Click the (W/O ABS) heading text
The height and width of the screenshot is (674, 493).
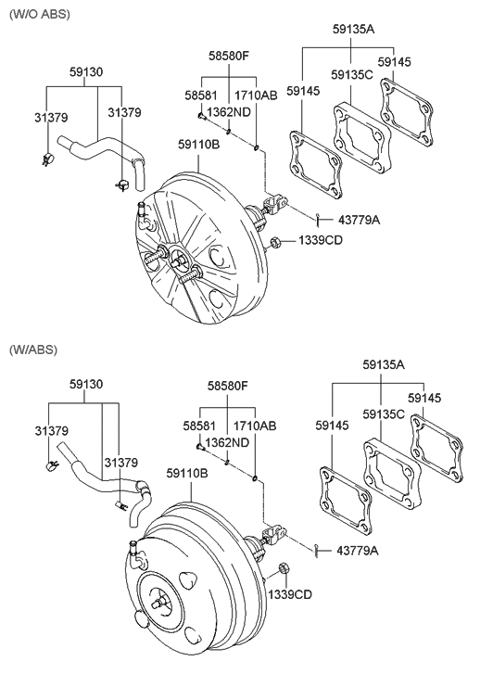pos(39,14)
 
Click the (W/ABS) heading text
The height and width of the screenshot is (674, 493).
pos(33,349)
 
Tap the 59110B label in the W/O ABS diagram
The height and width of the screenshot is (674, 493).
pos(198,145)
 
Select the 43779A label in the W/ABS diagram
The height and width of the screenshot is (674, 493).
pos(357,550)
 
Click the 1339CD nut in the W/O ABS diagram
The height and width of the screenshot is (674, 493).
pos(275,243)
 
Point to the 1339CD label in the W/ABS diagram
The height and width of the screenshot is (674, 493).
pos(290,594)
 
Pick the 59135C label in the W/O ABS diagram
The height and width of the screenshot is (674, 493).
pos(352,75)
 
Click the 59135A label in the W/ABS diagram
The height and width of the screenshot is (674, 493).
pos(384,364)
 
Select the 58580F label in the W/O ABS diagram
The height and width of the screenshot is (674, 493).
pos(229,56)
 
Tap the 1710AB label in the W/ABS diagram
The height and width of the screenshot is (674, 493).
pos(255,426)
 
